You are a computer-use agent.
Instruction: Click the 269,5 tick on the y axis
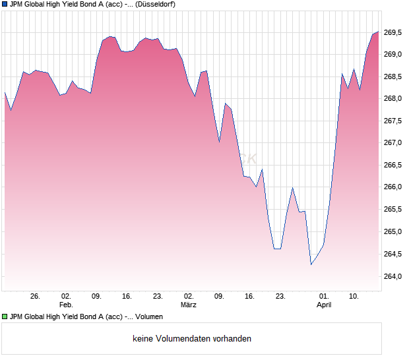click(393, 32)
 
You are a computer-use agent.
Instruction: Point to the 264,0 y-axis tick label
click(393, 276)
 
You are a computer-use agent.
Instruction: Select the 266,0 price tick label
click(393, 187)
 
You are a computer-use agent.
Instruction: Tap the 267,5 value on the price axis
click(393, 121)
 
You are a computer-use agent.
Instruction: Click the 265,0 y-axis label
click(393, 232)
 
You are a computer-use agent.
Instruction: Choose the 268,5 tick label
click(393, 76)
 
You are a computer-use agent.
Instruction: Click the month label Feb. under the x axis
click(65, 305)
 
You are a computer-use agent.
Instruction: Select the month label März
click(189, 305)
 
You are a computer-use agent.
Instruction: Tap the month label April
click(323, 305)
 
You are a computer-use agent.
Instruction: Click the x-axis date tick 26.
click(35, 297)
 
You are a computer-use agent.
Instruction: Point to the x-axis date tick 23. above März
click(158, 297)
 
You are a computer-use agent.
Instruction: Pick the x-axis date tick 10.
click(354, 297)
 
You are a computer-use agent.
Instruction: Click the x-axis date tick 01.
click(323, 297)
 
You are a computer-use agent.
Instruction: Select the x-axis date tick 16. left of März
click(127, 297)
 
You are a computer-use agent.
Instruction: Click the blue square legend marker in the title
click(5, 5)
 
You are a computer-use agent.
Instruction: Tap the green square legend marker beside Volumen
click(5, 317)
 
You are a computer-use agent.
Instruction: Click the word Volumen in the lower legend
click(147, 317)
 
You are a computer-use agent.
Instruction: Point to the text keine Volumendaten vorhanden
click(192, 339)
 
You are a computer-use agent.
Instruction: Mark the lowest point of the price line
click(311, 264)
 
